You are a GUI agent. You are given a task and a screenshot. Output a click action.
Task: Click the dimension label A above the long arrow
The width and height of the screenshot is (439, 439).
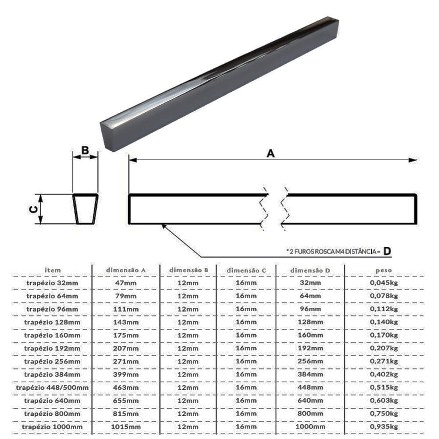pyautogui.click(x=271, y=153)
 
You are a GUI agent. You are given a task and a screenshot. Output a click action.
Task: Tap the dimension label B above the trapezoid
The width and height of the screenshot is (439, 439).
pyautogui.click(x=85, y=150)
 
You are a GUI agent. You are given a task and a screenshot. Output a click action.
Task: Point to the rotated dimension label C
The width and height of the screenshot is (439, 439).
pyautogui.click(x=34, y=209)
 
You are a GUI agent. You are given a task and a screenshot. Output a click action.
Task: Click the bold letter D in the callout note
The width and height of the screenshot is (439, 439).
pyautogui.click(x=387, y=251)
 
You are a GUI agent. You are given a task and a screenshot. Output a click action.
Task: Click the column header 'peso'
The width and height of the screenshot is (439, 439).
pyautogui.click(x=384, y=270)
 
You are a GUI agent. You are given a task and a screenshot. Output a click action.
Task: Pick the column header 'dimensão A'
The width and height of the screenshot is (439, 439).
pyautogui.click(x=126, y=270)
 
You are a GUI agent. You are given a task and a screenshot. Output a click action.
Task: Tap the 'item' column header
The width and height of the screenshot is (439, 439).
pyautogui.click(x=53, y=270)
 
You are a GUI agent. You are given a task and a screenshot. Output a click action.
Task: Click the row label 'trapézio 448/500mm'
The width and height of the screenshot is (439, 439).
pyautogui.click(x=52, y=388)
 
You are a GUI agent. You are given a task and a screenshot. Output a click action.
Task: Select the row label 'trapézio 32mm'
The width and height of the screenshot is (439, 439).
pyautogui.click(x=52, y=283)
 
